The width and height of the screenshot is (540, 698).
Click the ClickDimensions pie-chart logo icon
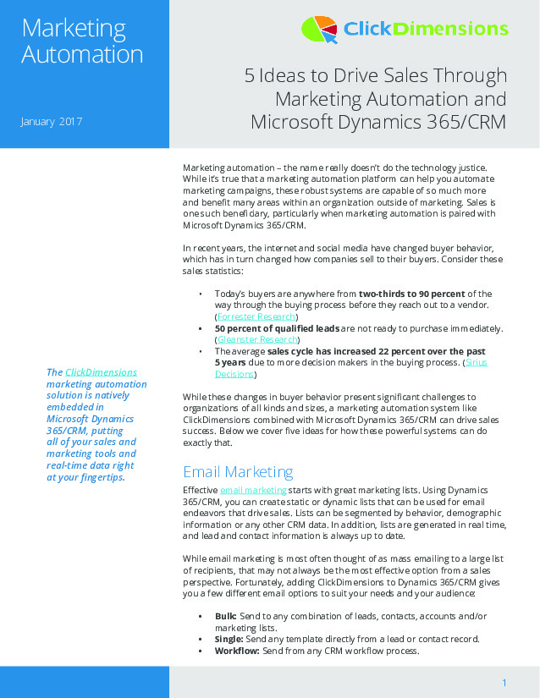[x=319, y=30]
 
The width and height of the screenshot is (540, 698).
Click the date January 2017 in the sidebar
[x=51, y=122]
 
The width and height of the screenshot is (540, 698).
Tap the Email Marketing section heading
[x=239, y=471]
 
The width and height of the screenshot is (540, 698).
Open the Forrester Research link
[x=256, y=316]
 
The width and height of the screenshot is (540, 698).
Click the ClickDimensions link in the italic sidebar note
[x=101, y=372]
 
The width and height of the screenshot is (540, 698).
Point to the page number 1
[x=504, y=683]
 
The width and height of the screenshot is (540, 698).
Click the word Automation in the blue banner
[x=82, y=56]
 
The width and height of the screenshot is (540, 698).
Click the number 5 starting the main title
[x=250, y=76]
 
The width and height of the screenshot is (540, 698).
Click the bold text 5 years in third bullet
[x=229, y=362]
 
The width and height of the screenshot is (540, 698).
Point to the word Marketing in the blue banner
[x=74, y=28]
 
